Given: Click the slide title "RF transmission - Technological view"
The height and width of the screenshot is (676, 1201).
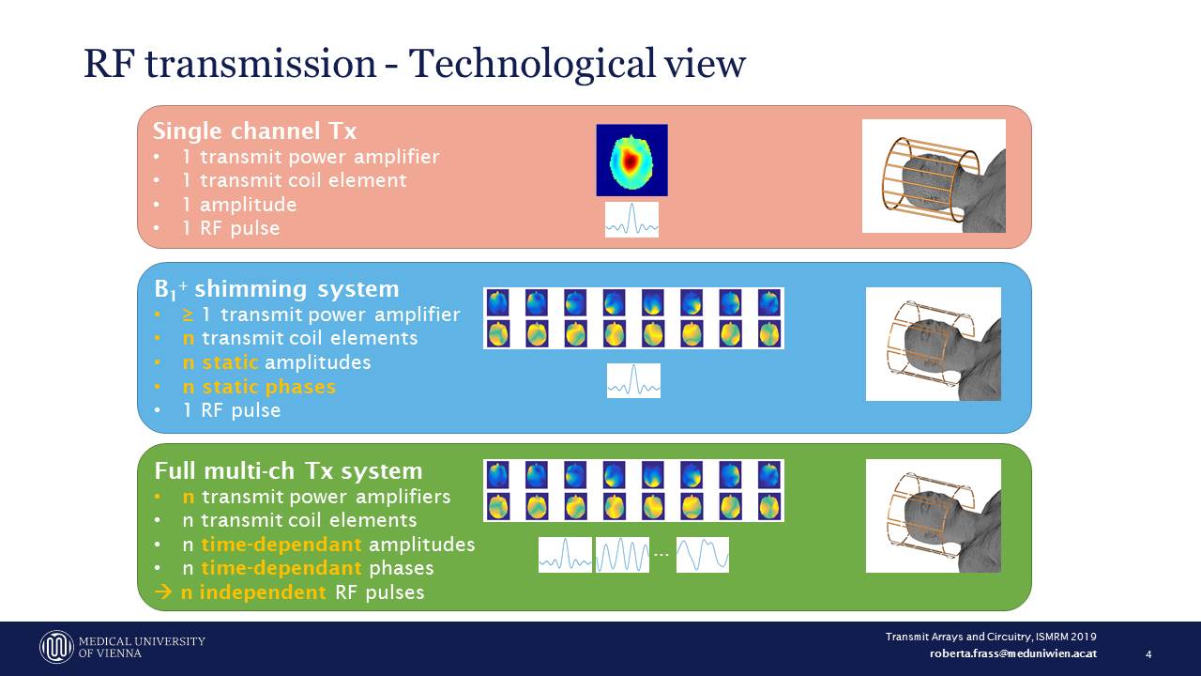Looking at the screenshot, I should coord(414,64).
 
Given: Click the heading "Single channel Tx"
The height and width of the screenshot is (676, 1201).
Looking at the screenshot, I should coord(254,131).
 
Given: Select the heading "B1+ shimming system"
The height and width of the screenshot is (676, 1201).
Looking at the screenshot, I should coord(277,289).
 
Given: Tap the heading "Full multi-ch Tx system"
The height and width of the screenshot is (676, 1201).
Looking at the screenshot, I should coord(288,470).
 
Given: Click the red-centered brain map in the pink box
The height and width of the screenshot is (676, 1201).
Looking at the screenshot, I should coord(631,160).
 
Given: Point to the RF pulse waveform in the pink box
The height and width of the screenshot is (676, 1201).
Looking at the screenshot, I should coord(631,220).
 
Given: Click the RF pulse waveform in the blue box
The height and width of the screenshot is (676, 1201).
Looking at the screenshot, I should coord(633,380).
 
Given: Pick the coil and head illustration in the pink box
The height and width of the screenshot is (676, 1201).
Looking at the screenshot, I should coord(934,176).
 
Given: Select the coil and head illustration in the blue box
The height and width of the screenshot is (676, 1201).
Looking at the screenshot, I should coord(934,344).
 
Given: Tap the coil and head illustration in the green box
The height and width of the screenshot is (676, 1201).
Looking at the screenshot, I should coord(934,515).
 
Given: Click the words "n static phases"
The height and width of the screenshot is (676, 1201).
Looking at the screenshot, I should coord(259,387).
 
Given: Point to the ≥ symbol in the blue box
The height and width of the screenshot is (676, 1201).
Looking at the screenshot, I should coord(189,315).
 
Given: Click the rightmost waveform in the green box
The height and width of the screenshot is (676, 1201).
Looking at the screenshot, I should coord(702,555).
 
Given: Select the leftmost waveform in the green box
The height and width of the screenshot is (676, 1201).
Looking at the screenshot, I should coord(565,555).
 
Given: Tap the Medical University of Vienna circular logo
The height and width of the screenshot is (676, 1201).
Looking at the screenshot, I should coord(56,647).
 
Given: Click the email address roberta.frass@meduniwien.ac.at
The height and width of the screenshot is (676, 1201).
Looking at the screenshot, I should coord(1012,653).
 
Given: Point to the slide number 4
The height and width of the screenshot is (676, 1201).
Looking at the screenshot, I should coord(1148,654).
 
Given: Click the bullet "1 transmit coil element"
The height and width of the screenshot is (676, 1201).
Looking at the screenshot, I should coord(295,180).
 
